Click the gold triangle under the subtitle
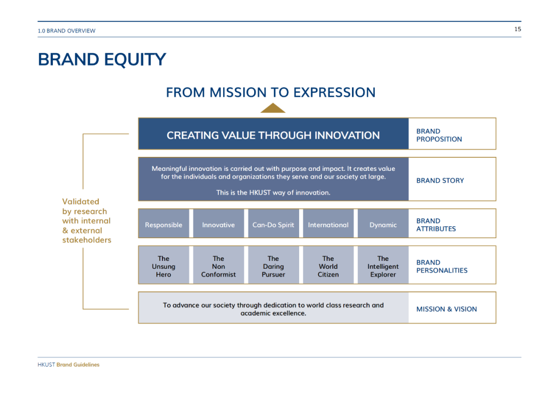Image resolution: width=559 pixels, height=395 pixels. pos(273,108)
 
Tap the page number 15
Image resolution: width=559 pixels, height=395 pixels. pos(518,29)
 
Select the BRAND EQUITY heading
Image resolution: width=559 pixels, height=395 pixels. pos(102,60)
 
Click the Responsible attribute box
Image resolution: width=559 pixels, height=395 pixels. pos(164,224)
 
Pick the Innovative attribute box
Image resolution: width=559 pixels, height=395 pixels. pos(218,224)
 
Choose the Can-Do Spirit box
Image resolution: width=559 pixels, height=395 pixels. pos(273,224)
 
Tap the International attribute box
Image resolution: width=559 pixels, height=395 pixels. pos(328,224)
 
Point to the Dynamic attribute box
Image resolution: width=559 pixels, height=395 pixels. pos(383,224)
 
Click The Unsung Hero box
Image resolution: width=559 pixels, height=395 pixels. pos(164,265)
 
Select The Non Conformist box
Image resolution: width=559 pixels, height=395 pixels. pos(218,265)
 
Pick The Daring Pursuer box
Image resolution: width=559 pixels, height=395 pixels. pos(273,265)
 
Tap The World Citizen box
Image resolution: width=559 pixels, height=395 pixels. pos(328,265)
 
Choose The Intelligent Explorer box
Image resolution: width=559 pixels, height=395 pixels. pos(383,265)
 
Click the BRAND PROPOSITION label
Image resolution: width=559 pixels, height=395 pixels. pos(439,135)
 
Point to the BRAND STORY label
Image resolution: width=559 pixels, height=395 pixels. pos(440,181)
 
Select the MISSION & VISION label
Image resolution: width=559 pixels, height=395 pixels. pos(446,309)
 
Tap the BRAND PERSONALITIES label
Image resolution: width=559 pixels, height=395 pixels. pos(442,266)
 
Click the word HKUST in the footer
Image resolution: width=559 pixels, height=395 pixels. pos(47,364)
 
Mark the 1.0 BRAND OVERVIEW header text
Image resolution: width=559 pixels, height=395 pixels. pos(67,31)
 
